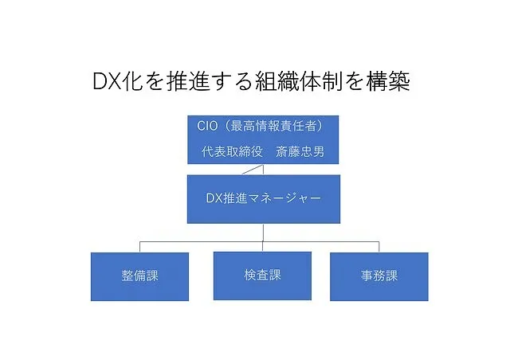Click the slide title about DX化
(x=251, y=81)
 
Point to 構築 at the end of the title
(x=388, y=81)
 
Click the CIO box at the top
(x=263, y=139)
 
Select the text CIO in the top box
(x=207, y=126)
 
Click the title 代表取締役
(x=232, y=151)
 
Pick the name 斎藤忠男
(x=300, y=151)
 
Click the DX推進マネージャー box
(x=264, y=199)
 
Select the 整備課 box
(x=140, y=276)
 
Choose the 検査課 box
(x=262, y=276)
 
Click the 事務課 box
(x=379, y=276)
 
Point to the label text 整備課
(x=140, y=276)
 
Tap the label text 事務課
(x=379, y=276)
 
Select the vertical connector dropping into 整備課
(x=140, y=247)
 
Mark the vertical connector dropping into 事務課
(x=379, y=247)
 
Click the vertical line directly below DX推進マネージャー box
(x=263, y=233)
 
